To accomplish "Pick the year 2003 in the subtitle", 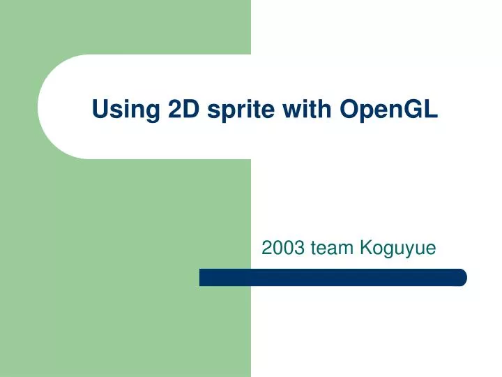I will (x=282, y=246).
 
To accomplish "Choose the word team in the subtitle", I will (x=332, y=246).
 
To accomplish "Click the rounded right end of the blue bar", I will (x=461, y=277).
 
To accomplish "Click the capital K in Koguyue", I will (x=366, y=246).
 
